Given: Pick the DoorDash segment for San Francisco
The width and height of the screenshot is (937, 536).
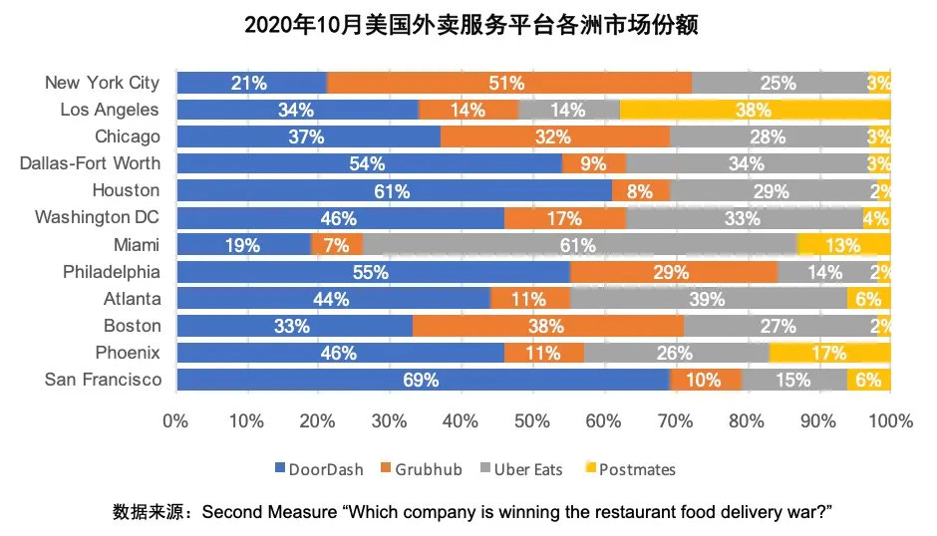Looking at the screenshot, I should (x=422, y=380).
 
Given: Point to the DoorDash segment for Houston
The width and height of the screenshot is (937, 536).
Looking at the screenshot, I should (x=394, y=191).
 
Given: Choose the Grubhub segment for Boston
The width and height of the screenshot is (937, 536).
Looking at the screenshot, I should (x=548, y=326).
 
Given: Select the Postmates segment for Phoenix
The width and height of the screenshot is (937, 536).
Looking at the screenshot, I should (x=829, y=353).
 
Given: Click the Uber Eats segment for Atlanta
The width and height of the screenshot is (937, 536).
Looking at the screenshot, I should (x=708, y=299).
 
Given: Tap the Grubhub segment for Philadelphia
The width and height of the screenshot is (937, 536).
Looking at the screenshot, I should (x=673, y=272).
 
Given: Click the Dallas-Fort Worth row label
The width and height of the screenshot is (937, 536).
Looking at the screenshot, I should (x=90, y=163).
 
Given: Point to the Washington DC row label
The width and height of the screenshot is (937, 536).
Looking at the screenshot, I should (x=98, y=217).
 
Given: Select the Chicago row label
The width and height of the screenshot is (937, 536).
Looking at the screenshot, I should (x=128, y=136).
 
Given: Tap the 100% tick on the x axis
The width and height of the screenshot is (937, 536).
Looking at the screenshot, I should (x=890, y=421).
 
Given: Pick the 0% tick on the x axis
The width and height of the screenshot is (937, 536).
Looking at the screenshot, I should (x=176, y=421).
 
